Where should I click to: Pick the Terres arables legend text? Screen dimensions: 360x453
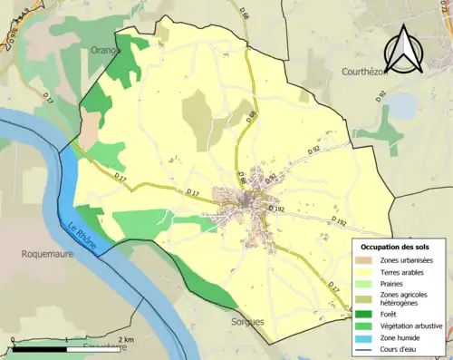point(406,271)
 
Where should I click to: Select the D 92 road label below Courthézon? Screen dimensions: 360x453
point(381,93)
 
